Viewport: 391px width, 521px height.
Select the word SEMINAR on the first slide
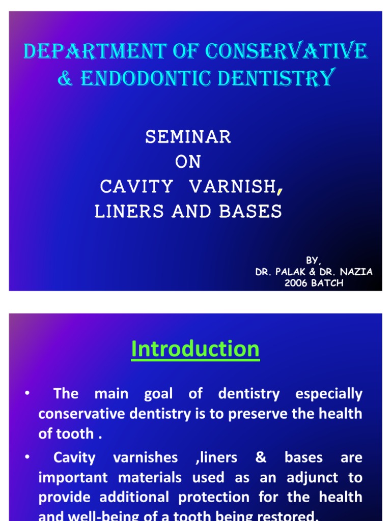coord(188,136)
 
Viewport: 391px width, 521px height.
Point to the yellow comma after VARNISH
coord(279,190)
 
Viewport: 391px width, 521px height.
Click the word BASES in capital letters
coord(250,212)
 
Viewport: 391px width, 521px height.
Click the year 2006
coord(296,283)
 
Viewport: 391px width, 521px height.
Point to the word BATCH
coord(327,283)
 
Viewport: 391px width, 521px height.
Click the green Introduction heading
coord(195,350)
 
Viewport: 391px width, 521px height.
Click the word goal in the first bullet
coord(158,394)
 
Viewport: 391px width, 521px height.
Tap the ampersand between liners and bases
coord(261,457)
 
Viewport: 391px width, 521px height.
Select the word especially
coord(329,394)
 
